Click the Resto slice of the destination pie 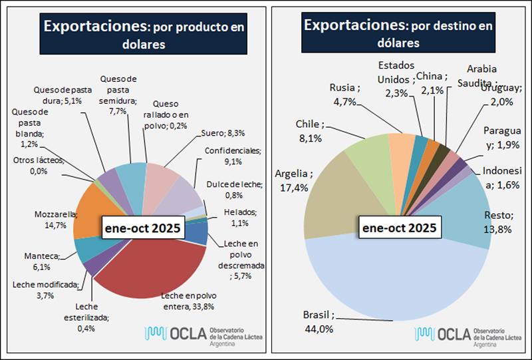click(459, 213)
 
